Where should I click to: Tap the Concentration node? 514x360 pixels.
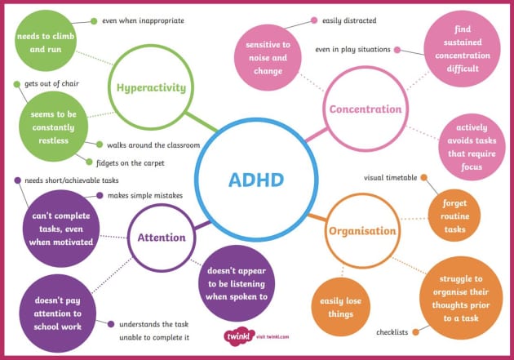click(x=365, y=109)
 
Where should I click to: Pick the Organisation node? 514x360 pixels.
click(x=361, y=231)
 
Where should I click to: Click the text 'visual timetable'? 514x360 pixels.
click(x=390, y=177)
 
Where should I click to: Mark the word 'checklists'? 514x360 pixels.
click(x=392, y=332)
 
